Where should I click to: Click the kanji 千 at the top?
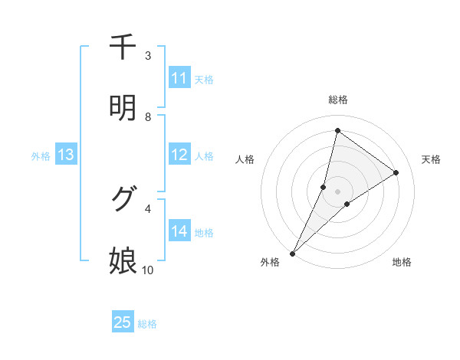(123, 47)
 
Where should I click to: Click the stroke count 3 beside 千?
(148, 56)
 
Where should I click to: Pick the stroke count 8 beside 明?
(148, 117)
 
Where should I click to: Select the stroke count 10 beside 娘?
(148, 270)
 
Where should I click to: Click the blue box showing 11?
(179, 78)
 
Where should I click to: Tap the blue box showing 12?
(179, 155)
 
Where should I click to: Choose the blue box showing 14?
(179, 231)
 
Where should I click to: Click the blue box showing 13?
(66, 155)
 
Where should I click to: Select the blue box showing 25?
(123, 322)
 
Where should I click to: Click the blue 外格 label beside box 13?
(41, 155)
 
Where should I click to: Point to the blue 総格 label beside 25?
(147, 324)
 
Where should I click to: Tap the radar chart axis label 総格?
(338, 100)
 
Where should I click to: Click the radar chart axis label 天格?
(432, 159)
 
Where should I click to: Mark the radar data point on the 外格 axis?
(292, 254)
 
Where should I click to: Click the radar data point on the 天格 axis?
(396, 172)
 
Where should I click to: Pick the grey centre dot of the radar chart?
(338, 191)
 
